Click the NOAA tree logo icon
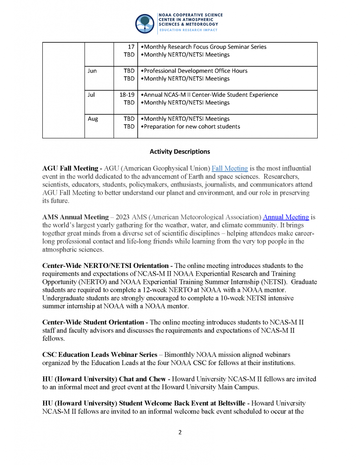click(145, 23)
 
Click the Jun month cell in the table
click(92, 71)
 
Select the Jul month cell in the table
click(91, 95)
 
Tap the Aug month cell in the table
click(93, 119)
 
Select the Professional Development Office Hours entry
click(195, 71)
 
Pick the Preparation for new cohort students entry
click(192, 127)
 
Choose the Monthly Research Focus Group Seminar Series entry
click(204, 47)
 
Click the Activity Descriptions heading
click(180, 152)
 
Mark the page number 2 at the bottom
click(180, 432)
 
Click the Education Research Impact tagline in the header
click(188, 30)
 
